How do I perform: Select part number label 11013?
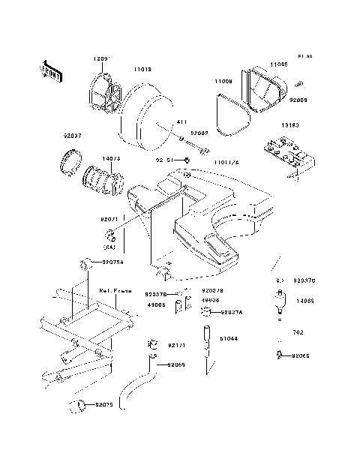[x=142, y=69]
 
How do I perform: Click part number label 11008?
[x=224, y=79]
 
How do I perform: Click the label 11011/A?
[x=226, y=162]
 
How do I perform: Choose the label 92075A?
[x=113, y=262]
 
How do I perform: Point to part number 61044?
[x=229, y=338]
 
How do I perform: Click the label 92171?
[x=177, y=346]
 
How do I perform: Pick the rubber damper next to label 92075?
[x=76, y=406]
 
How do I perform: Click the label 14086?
[x=304, y=300]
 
